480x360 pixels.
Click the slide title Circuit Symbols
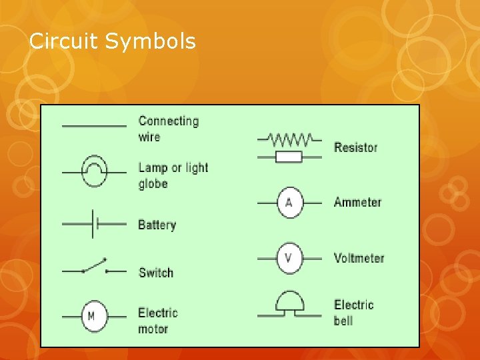tap(113, 42)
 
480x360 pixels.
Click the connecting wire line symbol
tap(94, 125)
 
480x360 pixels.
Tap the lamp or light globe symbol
tap(94, 171)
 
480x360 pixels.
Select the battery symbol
tap(94, 224)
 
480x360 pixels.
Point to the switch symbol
tap(94, 268)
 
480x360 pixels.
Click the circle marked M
tap(91, 316)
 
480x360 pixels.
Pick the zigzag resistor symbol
tap(289, 139)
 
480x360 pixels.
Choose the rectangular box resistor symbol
tap(289, 157)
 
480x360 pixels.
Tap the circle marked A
tap(289, 202)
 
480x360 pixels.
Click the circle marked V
tap(289, 258)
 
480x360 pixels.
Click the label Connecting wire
tap(168, 129)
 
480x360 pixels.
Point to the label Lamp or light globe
tap(173, 175)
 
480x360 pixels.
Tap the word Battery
tap(157, 225)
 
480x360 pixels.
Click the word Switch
tap(155, 272)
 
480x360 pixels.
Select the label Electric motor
tap(157, 321)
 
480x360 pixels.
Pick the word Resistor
tap(355, 147)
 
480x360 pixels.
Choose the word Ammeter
tap(357, 202)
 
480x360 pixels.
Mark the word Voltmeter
tap(359, 258)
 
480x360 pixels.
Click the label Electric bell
tap(353, 313)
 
